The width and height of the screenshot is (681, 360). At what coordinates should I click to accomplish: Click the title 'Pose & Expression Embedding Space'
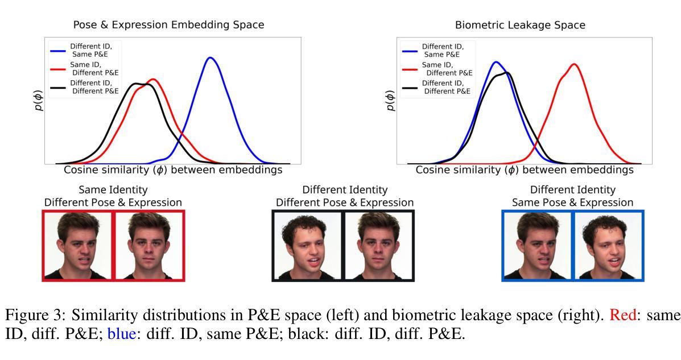(x=168, y=25)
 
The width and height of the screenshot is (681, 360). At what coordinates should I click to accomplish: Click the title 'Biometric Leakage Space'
(x=520, y=25)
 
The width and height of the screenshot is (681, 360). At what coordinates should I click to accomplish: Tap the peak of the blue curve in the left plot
(x=211, y=57)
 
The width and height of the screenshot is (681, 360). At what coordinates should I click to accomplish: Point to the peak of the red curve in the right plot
(x=574, y=64)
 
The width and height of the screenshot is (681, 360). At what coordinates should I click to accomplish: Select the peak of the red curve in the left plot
(x=153, y=80)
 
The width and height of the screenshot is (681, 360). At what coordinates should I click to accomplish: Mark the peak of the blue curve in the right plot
(x=496, y=62)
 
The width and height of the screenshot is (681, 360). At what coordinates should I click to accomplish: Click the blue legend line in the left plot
(x=57, y=49)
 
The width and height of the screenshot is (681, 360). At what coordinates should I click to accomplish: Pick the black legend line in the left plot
(x=57, y=86)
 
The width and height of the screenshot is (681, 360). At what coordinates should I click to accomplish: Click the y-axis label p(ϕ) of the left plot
(x=39, y=99)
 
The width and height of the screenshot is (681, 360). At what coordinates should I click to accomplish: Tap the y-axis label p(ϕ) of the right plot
(x=391, y=99)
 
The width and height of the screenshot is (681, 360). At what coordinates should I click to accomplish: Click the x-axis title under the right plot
(x=524, y=170)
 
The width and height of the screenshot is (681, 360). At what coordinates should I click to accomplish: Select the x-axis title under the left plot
(x=172, y=170)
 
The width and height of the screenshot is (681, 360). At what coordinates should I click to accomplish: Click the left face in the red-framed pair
(x=78, y=246)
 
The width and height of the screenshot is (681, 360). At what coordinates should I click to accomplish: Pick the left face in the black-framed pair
(x=308, y=246)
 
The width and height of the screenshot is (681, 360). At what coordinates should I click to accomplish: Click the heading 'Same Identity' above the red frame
(x=113, y=189)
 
